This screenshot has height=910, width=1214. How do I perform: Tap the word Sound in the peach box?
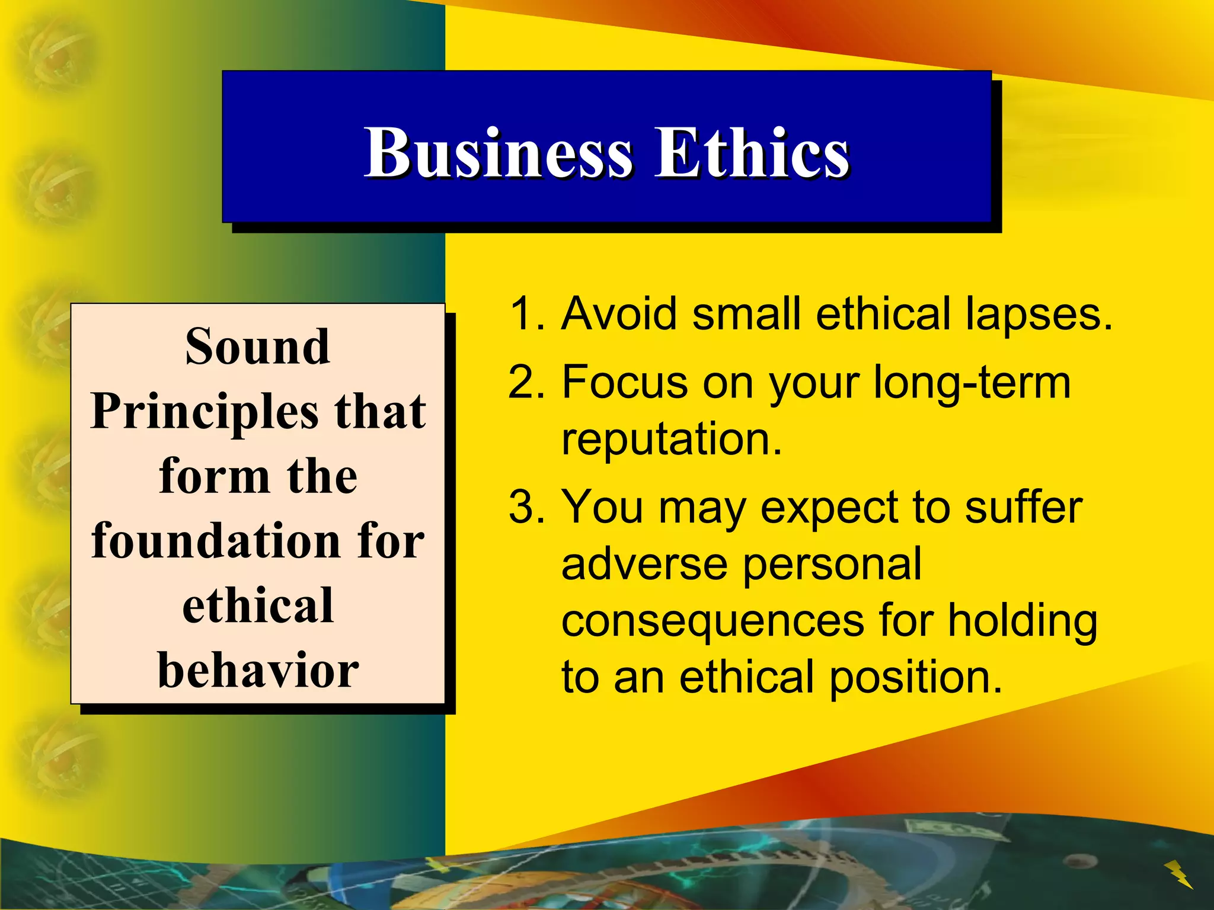point(257,347)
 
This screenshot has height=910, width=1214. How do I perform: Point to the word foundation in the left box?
point(214,541)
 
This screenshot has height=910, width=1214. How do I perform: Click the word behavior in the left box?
point(258,670)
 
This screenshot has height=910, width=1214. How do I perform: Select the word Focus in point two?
point(625,382)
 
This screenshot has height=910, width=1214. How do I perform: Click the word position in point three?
point(915,678)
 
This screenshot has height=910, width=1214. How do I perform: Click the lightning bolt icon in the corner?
point(1178,874)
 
